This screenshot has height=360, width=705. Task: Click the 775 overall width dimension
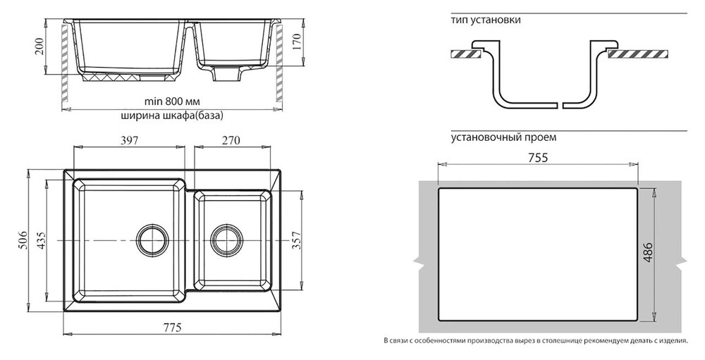pyautogui.click(x=173, y=327)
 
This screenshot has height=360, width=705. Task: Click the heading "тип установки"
pyautogui.click(x=486, y=20)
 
